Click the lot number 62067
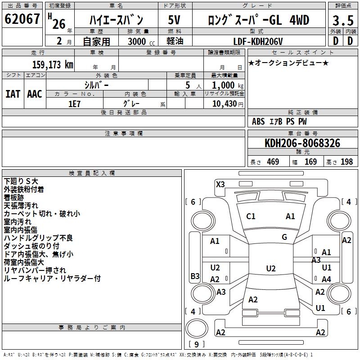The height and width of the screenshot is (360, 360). click(x=22, y=19)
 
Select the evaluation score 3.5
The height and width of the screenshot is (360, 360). click(x=342, y=21)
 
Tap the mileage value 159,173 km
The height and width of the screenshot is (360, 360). click(x=53, y=64)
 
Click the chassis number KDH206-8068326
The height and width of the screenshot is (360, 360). click(x=302, y=143)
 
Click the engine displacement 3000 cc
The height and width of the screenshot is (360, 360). click(x=138, y=41)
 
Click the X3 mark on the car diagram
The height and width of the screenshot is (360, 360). click(x=220, y=184)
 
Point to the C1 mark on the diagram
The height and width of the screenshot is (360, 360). click(x=251, y=216)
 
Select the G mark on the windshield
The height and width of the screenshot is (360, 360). click(x=284, y=237)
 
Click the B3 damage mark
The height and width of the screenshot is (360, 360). click(x=195, y=276)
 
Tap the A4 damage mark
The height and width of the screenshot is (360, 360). click(x=326, y=279)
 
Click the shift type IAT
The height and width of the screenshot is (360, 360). click(x=13, y=94)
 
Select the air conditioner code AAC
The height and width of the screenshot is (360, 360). click(x=35, y=94)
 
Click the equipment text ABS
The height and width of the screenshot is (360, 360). click(x=258, y=121)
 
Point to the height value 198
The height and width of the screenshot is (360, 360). click(x=346, y=162)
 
